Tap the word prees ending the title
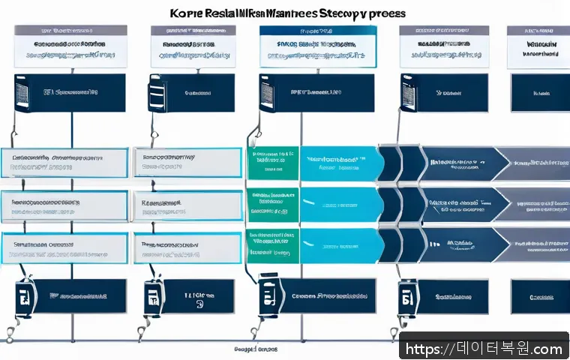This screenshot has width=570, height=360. (388, 13)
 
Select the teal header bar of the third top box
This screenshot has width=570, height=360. (317, 31)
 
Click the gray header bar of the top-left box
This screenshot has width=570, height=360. (70, 31)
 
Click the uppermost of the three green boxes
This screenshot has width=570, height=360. (273, 163)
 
